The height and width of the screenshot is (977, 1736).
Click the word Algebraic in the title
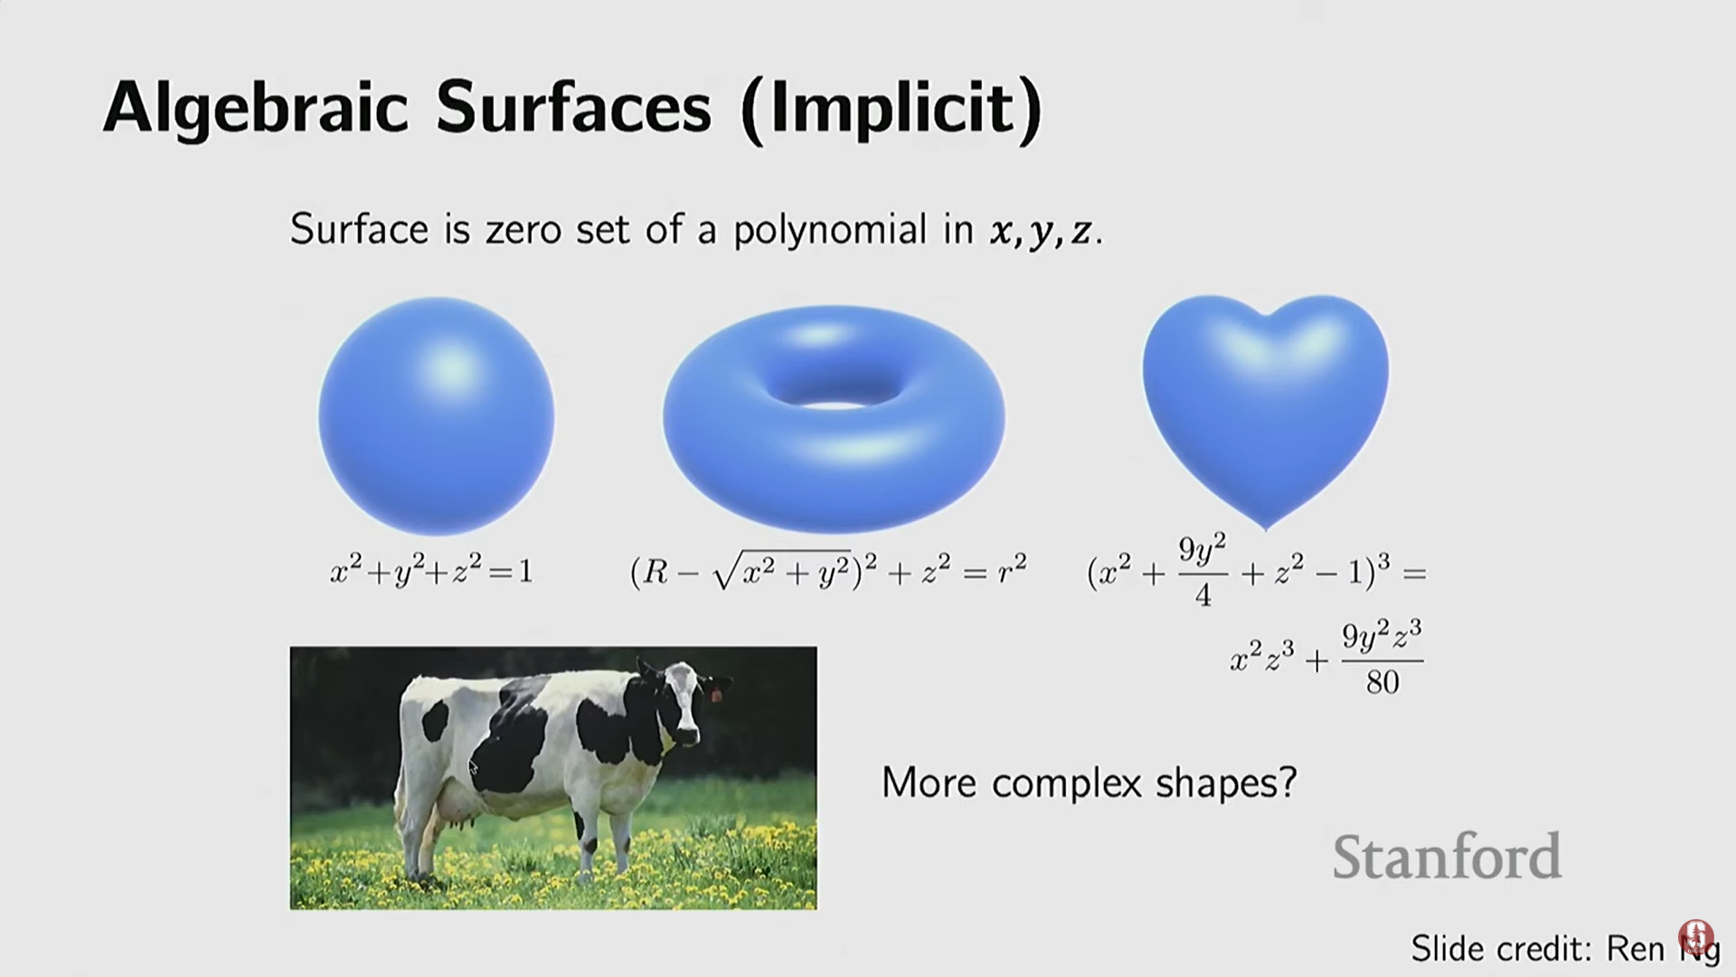pyautogui.click(x=256, y=109)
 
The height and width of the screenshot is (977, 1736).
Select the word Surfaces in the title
pyautogui.click(x=573, y=108)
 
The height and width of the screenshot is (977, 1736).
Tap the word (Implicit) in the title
pyautogui.click(x=891, y=109)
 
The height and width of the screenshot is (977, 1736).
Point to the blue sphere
pyautogui.click(x=436, y=416)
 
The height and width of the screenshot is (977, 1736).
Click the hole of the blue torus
pyautogui.click(x=834, y=391)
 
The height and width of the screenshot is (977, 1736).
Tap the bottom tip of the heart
pyautogui.click(x=1266, y=529)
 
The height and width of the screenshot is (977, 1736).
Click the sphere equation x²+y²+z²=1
pyautogui.click(x=432, y=571)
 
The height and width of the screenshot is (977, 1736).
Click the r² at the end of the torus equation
pyautogui.click(x=1012, y=570)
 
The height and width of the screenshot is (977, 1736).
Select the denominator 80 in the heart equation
pyautogui.click(x=1382, y=682)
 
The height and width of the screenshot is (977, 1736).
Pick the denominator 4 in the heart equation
pyautogui.click(x=1203, y=594)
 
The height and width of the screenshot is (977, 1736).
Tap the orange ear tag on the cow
pyautogui.click(x=717, y=695)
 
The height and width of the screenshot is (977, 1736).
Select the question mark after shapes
pyautogui.click(x=1288, y=781)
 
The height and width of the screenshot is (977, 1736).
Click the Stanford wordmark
pyautogui.click(x=1447, y=857)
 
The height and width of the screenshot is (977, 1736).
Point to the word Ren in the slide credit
pyautogui.click(x=1636, y=948)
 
